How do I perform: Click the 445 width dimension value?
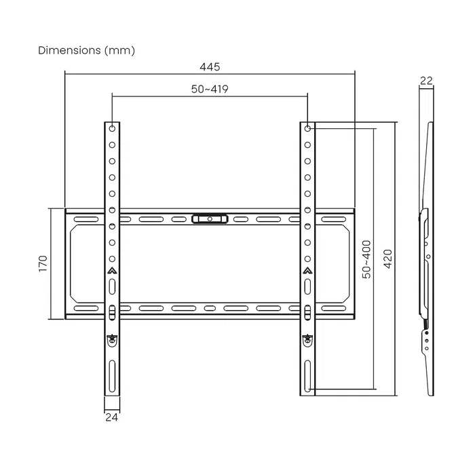click(x=210, y=66)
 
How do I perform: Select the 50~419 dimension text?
click(x=209, y=90)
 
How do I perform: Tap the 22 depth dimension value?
click(x=426, y=80)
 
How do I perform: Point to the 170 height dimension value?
click(x=42, y=263)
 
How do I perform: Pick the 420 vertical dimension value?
click(x=387, y=259)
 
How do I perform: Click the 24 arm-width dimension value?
click(x=112, y=417)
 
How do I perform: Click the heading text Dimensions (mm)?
click(x=86, y=50)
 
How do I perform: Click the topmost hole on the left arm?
click(x=112, y=128)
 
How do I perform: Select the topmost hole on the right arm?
click(x=307, y=128)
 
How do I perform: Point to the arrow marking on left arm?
click(x=112, y=272)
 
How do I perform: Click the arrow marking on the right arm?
click(x=307, y=272)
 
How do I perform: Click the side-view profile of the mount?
click(x=425, y=258)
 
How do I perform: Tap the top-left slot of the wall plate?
click(x=85, y=219)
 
